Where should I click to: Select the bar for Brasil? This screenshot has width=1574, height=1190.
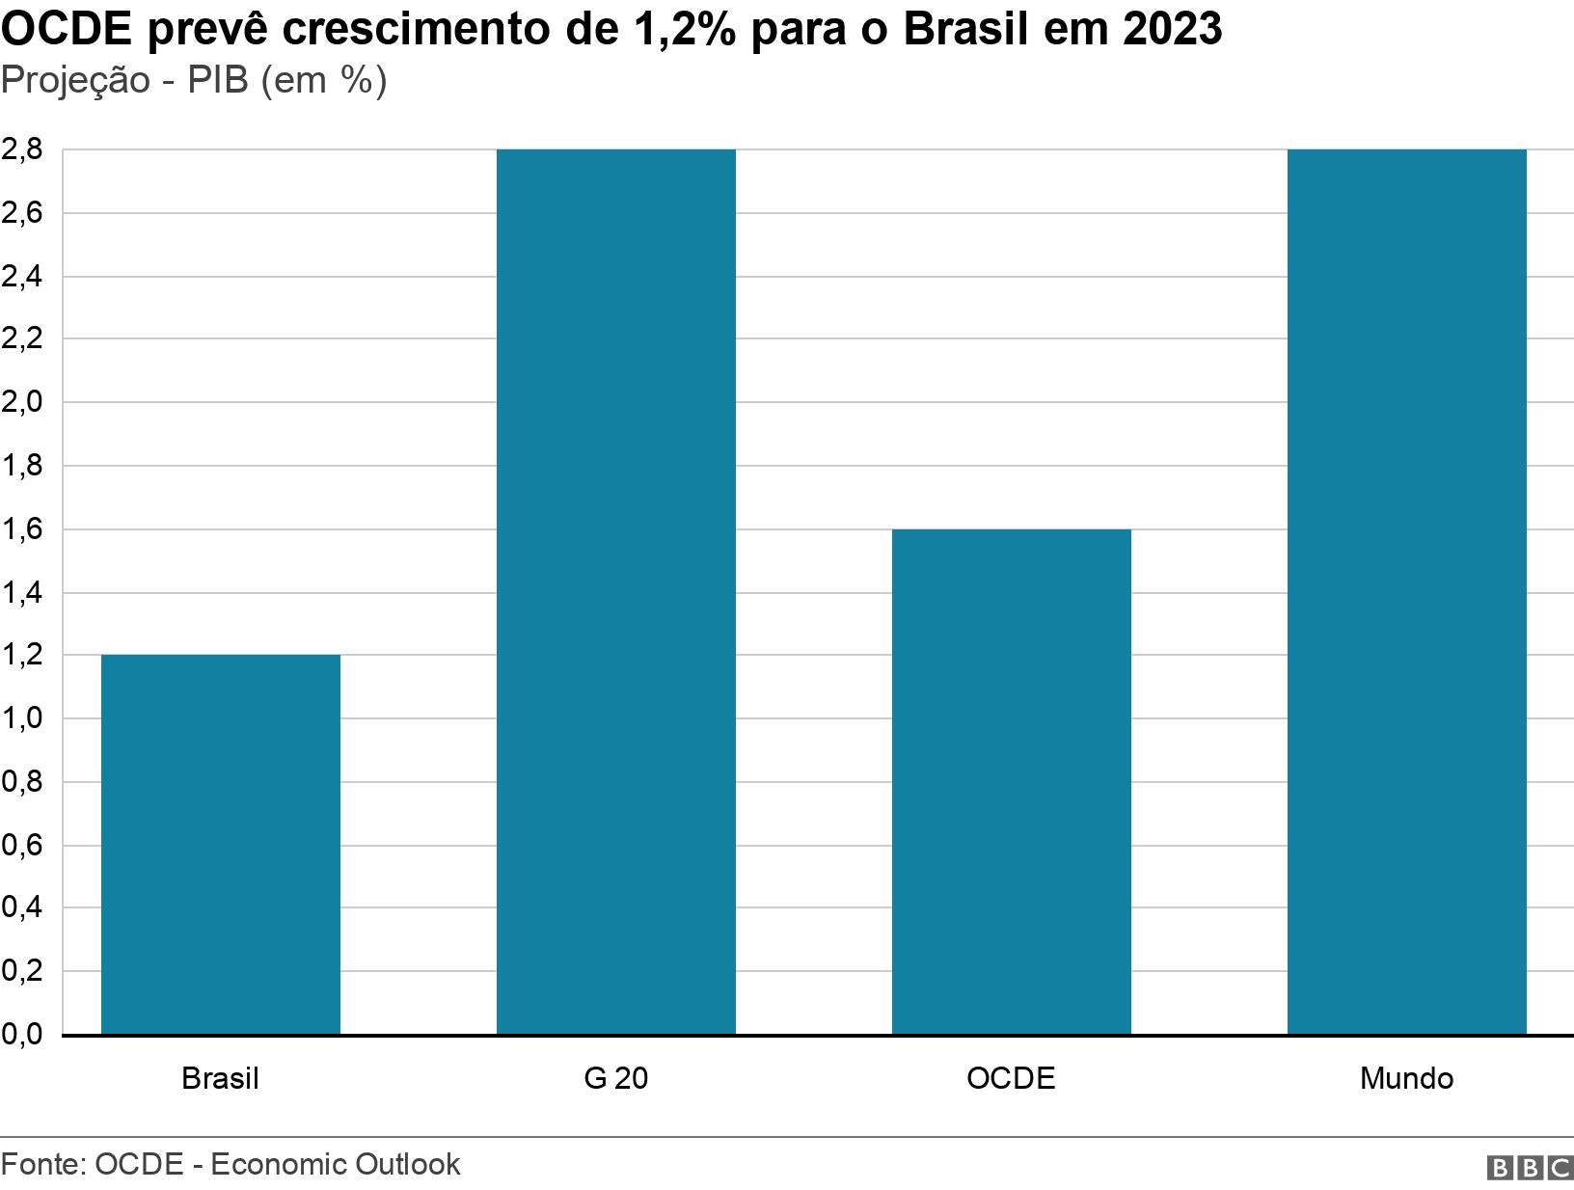220,845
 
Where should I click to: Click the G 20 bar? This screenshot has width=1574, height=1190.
615,592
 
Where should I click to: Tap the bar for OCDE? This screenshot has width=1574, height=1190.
1011,782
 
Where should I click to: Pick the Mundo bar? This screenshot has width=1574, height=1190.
1406,592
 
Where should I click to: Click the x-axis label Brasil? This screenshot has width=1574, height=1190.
220,1077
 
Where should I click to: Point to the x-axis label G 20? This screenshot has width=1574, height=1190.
615,1077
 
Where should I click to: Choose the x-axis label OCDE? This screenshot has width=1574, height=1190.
1011,1077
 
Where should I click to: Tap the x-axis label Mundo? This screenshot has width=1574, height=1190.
1406,1077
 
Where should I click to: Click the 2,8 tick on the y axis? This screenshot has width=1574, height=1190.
21,149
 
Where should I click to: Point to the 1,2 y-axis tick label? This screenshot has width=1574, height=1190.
21,655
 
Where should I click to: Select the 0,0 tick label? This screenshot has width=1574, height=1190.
21,1035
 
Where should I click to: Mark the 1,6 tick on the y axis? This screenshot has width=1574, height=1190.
21,529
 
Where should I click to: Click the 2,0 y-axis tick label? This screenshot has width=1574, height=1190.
21,402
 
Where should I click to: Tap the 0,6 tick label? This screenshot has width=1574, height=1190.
21,845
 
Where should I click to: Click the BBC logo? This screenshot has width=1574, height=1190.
1530,1168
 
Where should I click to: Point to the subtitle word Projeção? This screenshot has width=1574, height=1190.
75,81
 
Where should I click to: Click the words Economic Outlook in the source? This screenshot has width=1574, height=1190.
335,1164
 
